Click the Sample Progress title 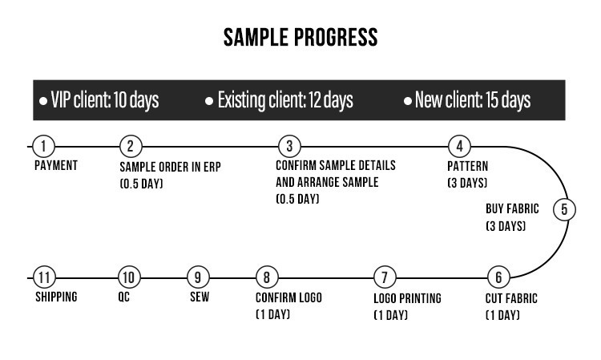tap(300, 37)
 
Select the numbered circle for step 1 tap(45, 147)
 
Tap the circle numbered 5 tap(564, 210)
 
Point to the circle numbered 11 tap(45, 277)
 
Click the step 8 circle tap(267, 277)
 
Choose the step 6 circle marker tap(498, 277)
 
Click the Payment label tap(56, 166)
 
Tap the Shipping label tap(56, 297)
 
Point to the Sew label tap(200, 297)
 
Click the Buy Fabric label tap(512, 209)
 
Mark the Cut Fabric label tap(512, 299)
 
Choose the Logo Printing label tap(407, 299)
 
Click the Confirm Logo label tap(288, 297)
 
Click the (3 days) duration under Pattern tap(466, 184)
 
